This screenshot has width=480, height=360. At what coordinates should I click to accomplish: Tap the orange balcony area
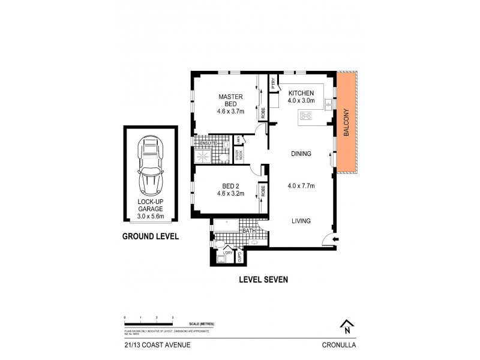347,122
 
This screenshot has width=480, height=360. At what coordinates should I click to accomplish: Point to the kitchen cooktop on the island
307,116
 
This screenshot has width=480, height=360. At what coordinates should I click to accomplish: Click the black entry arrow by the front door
335,240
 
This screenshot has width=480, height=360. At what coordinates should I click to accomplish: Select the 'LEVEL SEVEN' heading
264,279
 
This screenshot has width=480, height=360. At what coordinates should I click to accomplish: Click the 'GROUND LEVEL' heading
151,236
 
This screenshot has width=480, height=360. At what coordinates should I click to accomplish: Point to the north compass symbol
346,327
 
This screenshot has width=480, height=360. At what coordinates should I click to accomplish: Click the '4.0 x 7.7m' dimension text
301,185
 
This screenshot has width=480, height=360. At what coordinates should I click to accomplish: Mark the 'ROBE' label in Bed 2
263,191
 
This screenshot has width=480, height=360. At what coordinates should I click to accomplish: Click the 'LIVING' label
301,221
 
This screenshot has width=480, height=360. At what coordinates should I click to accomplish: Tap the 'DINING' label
301,154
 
